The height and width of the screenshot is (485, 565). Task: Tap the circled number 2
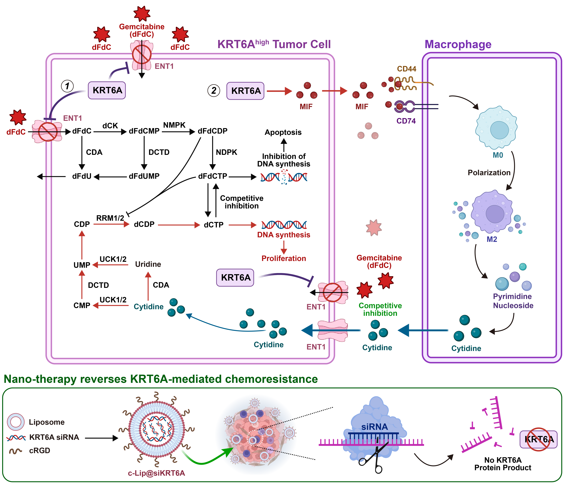pyautogui.click(x=214, y=90)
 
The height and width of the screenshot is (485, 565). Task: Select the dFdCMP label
pyautogui.click(x=144, y=131)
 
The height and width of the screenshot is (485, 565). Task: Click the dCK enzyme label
pyautogui.click(x=110, y=126)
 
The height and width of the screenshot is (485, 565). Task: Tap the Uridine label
pyautogui.click(x=148, y=264)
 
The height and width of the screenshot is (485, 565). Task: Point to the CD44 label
pyautogui.click(x=407, y=69)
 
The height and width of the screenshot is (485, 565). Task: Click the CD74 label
pyautogui.click(x=406, y=121)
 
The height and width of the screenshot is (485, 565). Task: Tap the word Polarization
pyautogui.click(x=489, y=173)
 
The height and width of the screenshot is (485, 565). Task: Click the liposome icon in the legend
pyautogui.click(x=15, y=422)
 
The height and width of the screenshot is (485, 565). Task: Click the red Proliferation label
pyautogui.click(x=284, y=258)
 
